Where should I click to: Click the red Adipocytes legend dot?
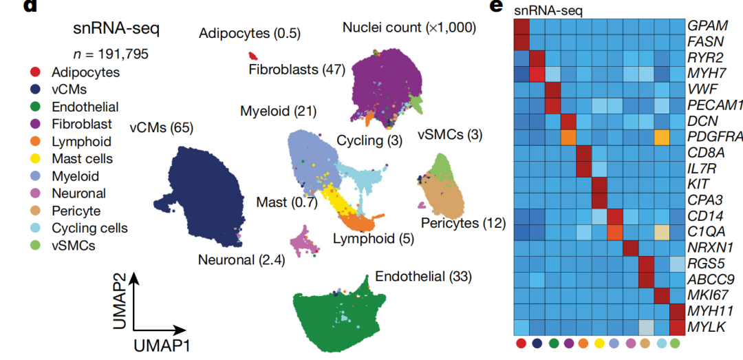(x=35, y=72)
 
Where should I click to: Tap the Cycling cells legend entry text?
(x=89, y=228)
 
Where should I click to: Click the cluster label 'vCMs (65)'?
(x=161, y=127)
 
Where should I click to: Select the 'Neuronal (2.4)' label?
(x=241, y=260)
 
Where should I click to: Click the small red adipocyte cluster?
(x=253, y=56)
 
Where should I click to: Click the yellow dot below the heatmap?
(x=599, y=343)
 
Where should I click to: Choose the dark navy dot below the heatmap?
(x=537, y=343)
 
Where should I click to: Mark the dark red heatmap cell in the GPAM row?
(x=521, y=25)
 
